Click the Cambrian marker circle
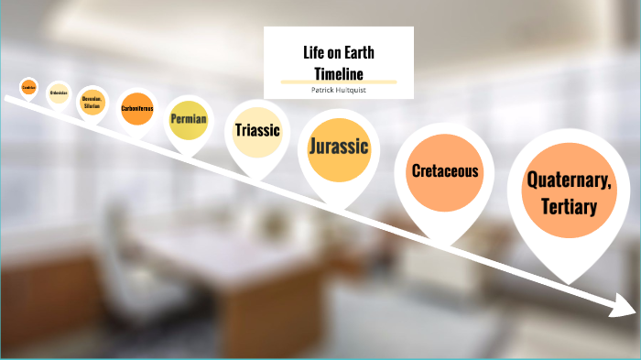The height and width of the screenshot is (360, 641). pyautogui.click(x=28, y=88)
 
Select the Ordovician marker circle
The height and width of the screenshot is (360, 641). pyautogui.click(x=60, y=93)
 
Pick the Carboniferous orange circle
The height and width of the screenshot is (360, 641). pyautogui.click(x=136, y=108)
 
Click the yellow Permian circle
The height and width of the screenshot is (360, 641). pyautogui.click(x=189, y=120)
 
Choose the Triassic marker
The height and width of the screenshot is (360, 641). pyautogui.click(x=256, y=130)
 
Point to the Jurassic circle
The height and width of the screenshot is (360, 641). pyautogui.click(x=339, y=147)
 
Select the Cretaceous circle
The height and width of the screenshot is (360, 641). pyautogui.click(x=443, y=171)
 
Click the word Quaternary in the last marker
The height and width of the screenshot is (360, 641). pyautogui.click(x=569, y=180)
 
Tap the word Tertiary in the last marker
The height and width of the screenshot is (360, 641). pyautogui.click(x=568, y=206)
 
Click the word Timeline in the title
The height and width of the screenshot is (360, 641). pyautogui.click(x=339, y=72)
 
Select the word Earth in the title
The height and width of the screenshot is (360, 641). pyautogui.click(x=356, y=52)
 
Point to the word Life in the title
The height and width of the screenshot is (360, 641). pyautogui.click(x=313, y=52)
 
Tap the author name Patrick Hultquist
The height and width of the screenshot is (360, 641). pyautogui.click(x=339, y=90)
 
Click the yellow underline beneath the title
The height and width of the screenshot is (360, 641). pyautogui.click(x=339, y=82)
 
